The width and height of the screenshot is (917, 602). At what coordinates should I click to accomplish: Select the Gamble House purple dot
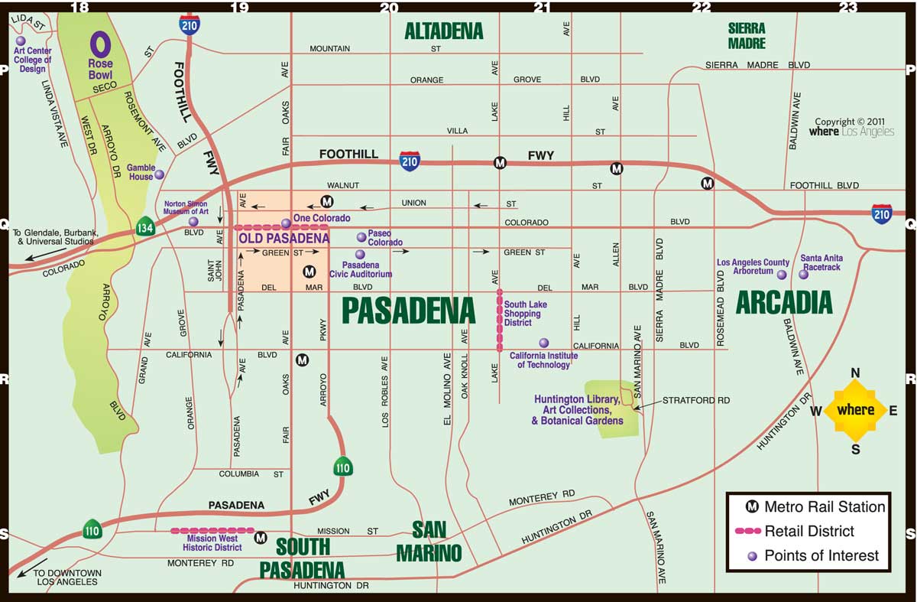pyautogui.click(x=159, y=174)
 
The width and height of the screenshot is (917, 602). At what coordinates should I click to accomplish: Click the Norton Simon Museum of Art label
pyautogui.click(x=186, y=207)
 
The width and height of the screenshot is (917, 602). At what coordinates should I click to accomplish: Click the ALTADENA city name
pyautogui.click(x=444, y=31)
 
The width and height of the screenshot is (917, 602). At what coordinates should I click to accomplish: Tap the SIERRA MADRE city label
pyautogui.click(x=747, y=35)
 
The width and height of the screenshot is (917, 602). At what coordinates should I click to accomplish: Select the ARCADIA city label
pyautogui.click(x=783, y=303)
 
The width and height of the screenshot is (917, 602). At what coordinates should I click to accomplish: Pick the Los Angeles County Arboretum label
pyautogui.click(x=753, y=267)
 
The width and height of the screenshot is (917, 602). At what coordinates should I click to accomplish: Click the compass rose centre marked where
pyautogui.click(x=855, y=410)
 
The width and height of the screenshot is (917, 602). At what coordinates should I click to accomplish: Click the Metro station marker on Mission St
pyautogui.click(x=261, y=537)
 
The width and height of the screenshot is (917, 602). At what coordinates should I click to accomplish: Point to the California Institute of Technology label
pyautogui.click(x=543, y=360)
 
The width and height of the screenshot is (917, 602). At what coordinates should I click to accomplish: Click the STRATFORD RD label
pyautogui.click(x=696, y=400)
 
